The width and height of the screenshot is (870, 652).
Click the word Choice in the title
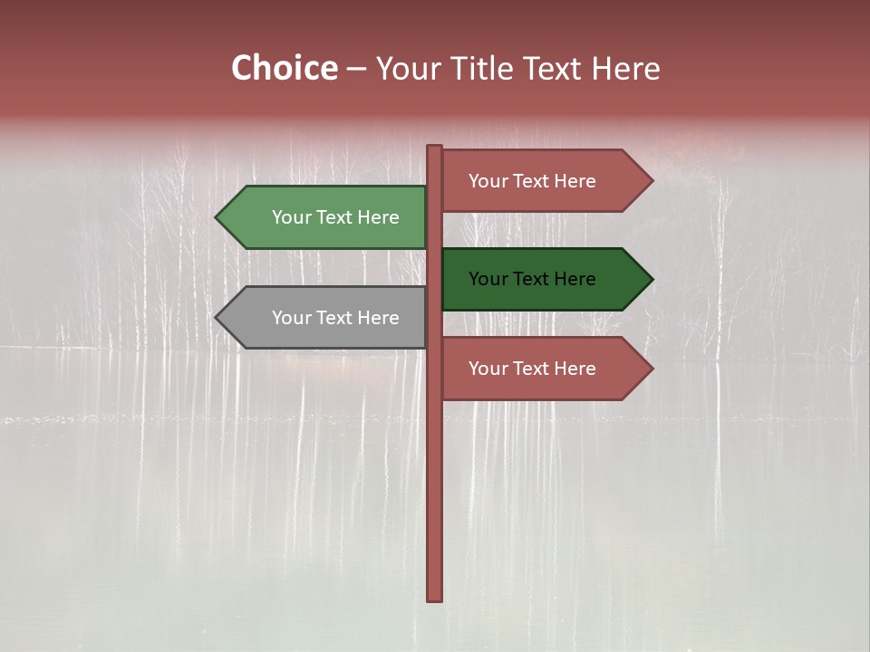(x=284, y=69)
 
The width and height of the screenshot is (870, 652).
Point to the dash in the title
(x=356, y=70)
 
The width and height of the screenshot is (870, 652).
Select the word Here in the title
(x=626, y=69)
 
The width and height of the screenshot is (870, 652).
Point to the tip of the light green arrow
(x=217, y=217)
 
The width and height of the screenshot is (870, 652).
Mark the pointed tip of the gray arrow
(x=217, y=318)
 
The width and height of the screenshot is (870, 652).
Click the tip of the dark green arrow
(x=651, y=279)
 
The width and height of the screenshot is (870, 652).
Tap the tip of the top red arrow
(x=651, y=181)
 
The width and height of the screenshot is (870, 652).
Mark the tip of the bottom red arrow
(x=651, y=369)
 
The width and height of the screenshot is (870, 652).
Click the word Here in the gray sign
(x=378, y=318)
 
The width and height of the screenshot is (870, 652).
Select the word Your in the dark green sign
(x=488, y=279)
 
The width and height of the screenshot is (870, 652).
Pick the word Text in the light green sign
(x=334, y=217)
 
